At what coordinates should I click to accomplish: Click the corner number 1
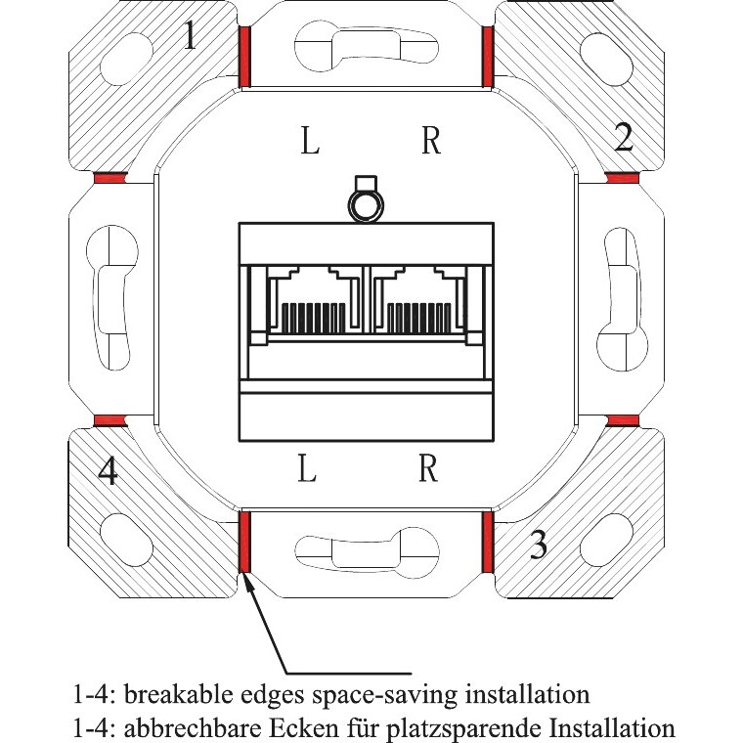[191, 36]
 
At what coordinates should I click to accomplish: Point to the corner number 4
[109, 473]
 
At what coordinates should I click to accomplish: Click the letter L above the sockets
[309, 143]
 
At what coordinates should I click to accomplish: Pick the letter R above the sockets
[430, 143]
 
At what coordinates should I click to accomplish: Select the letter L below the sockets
[308, 470]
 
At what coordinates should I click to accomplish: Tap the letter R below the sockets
[427, 470]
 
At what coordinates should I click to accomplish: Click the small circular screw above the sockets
[366, 204]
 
